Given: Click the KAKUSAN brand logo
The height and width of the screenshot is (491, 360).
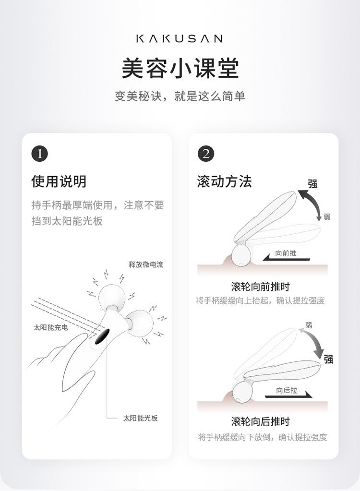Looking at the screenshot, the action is coord(180,38).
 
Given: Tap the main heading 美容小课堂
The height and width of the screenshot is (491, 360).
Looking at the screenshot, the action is coord(180,68).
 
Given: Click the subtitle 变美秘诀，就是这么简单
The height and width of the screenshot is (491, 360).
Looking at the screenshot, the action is coord(180,96).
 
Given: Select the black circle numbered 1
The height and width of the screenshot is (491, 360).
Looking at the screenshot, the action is coord(39,154).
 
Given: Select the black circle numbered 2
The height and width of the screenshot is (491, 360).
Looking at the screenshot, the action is coord(206,154).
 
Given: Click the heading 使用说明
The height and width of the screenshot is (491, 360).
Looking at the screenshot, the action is coord(59,181).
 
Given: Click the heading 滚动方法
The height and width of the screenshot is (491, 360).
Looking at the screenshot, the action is coord(225,181).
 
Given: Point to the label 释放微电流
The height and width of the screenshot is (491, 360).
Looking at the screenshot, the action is coord(146,264).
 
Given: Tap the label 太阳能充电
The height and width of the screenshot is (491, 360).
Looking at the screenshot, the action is coord(51,327).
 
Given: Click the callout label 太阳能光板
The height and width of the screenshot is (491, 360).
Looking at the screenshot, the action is coord(140,418).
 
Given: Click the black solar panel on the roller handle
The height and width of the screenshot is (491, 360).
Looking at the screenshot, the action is coord(101,336).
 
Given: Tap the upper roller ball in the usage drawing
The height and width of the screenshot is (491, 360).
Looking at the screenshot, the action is coord(112,297).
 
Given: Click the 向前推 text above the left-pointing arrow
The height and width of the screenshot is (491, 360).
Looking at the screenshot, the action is coord(286,253).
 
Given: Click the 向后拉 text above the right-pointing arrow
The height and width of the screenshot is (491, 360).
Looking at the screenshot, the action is coord(287,390).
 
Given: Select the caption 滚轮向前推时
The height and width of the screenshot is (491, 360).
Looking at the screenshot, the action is coord(261,286).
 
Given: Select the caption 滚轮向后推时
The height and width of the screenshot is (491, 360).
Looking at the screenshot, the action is coord(261,421).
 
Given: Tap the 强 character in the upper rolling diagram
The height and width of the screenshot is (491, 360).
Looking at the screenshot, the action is coord(312,183).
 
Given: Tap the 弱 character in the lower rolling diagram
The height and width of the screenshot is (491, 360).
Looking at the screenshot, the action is coord(309,325).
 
